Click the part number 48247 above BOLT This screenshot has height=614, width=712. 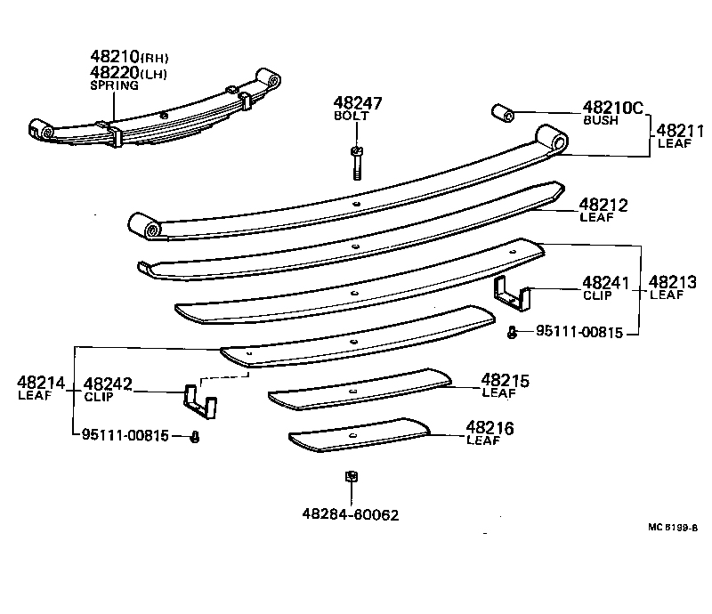click(x=358, y=103)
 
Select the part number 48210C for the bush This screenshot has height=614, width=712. click(x=612, y=108)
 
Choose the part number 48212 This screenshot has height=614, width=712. click(x=603, y=206)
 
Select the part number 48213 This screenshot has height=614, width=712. click(x=673, y=283)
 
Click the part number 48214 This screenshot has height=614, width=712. click(x=41, y=384)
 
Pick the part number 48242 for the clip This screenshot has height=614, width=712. click(x=108, y=384)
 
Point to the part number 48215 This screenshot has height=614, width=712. click(x=505, y=381)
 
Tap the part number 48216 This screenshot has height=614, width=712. click(x=489, y=429)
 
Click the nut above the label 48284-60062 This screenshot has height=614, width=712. click(x=350, y=478)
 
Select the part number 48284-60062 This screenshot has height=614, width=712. click(x=350, y=515)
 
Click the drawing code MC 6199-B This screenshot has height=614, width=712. click(x=673, y=526)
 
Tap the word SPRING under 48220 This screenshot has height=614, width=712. click(x=114, y=85)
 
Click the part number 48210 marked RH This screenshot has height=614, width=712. click(x=115, y=57)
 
